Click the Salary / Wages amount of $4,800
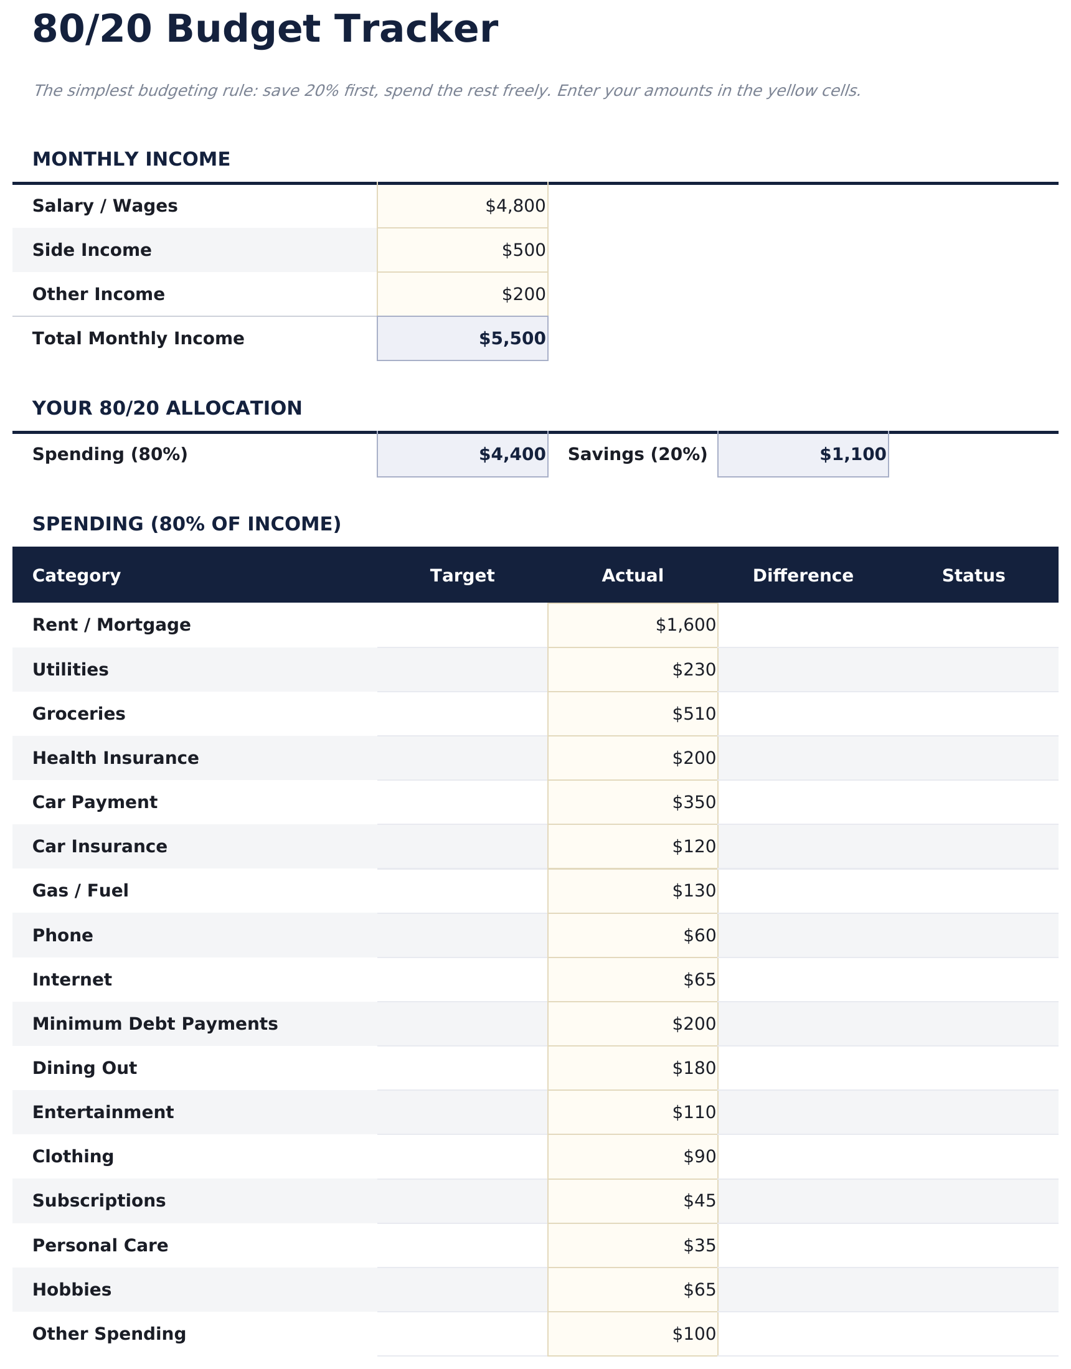515,206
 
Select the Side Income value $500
523,250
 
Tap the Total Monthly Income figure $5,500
512,339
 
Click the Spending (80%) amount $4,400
512,454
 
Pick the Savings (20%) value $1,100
852,454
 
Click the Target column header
462,575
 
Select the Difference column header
803,575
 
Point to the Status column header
973,575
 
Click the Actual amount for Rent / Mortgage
686,625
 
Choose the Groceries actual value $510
694,714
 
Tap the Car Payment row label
95,802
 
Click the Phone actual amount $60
699,935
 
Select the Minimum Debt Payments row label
155,1023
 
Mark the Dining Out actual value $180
694,1068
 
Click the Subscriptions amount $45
699,1200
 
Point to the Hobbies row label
72,1289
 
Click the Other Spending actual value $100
694,1334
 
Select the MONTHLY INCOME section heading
131,159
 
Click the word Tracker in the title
415,29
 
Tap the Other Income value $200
523,294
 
